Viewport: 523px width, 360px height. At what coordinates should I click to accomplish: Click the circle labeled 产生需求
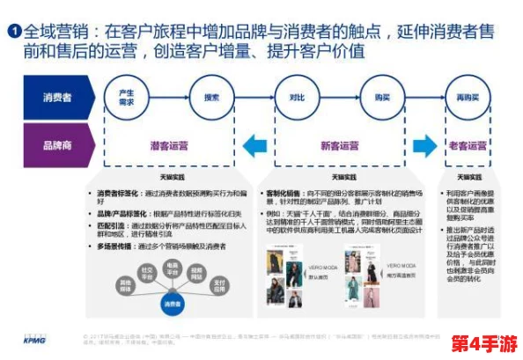click(127, 98)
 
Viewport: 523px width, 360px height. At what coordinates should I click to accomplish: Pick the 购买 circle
click(381, 98)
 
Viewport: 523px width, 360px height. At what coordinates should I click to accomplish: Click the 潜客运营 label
click(169, 145)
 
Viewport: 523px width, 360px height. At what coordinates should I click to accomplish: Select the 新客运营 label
click(339, 145)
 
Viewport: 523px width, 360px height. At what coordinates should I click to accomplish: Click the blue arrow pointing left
click(255, 144)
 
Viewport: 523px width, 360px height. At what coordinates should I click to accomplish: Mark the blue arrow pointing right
click(424, 144)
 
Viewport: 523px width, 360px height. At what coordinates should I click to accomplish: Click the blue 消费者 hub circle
click(173, 303)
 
